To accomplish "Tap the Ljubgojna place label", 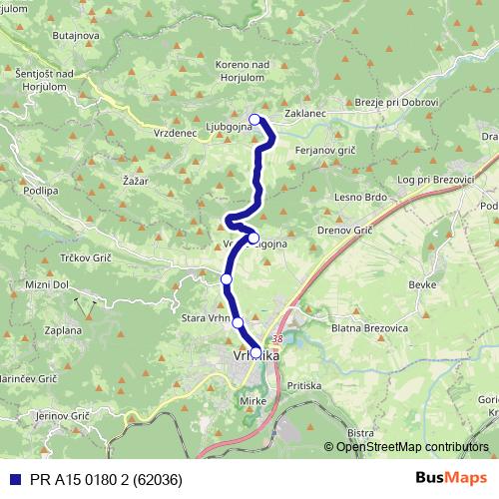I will (214, 128).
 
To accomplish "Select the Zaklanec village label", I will (306, 114).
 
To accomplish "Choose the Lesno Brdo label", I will (359, 197).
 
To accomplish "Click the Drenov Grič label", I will (344, 231).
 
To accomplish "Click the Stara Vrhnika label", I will (207, 319).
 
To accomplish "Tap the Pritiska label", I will (303, 384).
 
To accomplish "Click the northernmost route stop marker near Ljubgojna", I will (254, 121).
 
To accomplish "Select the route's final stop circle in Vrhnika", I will (256, 351).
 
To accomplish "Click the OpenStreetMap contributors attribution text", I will (413, 447).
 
